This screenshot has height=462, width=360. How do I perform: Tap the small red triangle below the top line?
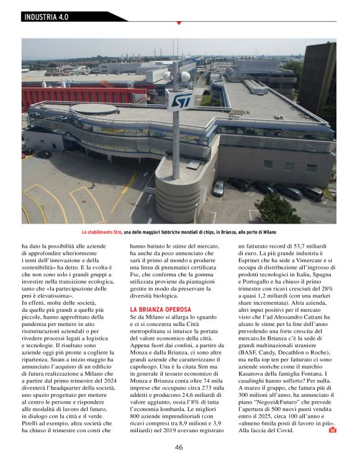coord(179,23)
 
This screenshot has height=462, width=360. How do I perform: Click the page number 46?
coord(179,446)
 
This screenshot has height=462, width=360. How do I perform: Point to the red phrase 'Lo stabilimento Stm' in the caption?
coord(101,232)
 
